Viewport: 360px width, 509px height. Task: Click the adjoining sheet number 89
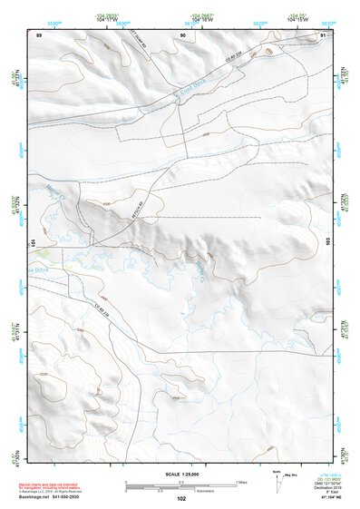point(39,35)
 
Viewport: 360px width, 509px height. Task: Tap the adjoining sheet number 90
point(182,35)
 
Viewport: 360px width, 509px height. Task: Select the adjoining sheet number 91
point(323,35)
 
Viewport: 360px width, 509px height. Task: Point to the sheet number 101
point(32,242)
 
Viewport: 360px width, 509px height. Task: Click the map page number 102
point(181,498)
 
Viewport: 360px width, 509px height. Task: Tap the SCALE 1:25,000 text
point(181,475)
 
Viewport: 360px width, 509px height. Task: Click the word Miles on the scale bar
point(240,481)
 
